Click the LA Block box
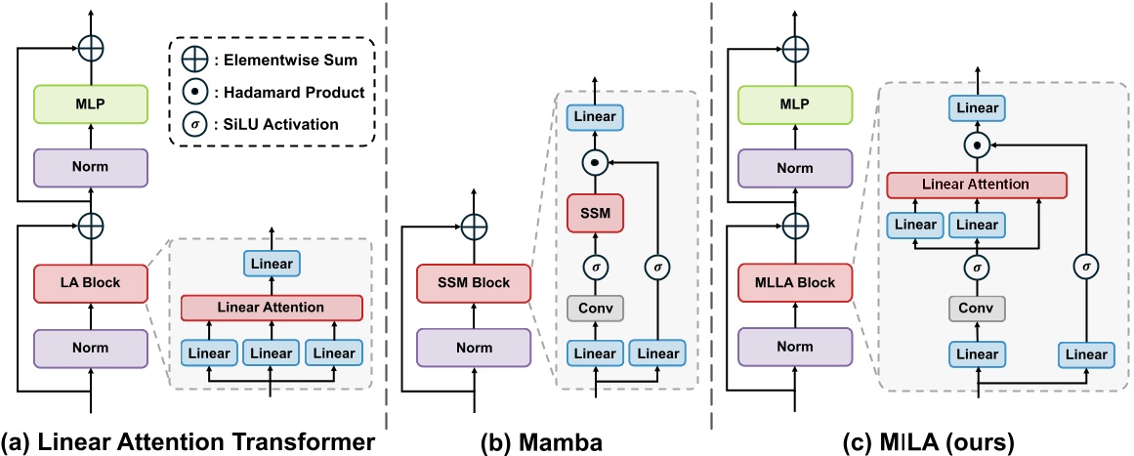point(91,281)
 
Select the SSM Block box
point(473,281)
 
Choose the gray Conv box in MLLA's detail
point(978,308)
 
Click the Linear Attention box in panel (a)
point(272,307)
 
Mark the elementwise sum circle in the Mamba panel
point(473,226)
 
